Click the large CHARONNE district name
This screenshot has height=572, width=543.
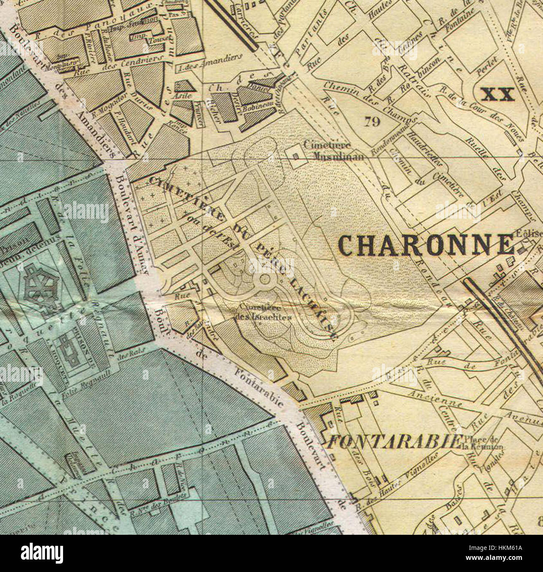(x=426, y=245)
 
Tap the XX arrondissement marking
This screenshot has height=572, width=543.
(x=497, y=95)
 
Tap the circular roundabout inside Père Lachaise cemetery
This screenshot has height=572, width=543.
(x=264, y=279)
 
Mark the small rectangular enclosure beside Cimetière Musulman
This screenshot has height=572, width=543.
(x=297, y=156)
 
